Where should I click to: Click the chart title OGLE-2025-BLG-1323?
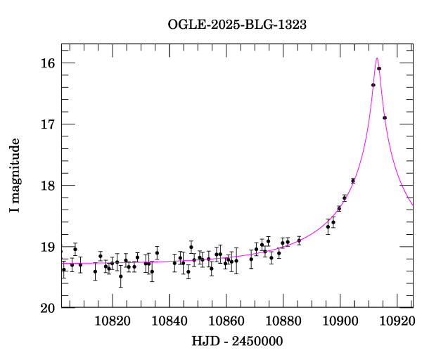coord(237,24)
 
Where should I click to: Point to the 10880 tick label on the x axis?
coord(284,321)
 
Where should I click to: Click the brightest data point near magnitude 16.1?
coord(379,68)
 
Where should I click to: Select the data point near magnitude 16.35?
coord(373,85)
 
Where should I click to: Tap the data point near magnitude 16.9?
coord(385,117)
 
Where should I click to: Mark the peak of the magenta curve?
coord(377,58)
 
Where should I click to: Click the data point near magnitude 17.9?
coord(353,181)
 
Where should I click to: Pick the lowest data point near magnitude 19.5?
coord(121,276)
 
